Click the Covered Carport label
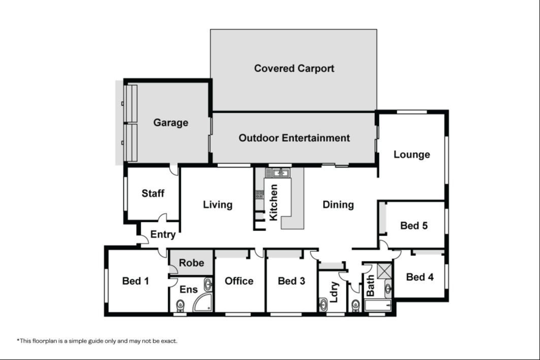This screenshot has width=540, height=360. point(294,68)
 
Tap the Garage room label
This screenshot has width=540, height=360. point(171,122)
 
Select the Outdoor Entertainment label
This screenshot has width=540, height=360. point(294,138)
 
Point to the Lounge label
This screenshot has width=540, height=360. point(411,154)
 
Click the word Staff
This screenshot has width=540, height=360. point(153,193)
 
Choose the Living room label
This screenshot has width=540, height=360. point(217,205)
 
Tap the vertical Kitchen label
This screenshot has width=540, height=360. point(273,203)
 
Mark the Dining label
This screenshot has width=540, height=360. point(338,205)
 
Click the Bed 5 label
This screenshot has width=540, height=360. point(414,225)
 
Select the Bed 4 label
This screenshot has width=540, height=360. point(420,277)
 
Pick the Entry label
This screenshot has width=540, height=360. point(163,235)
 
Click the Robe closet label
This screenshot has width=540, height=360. point(192,263)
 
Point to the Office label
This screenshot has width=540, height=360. point(239,281)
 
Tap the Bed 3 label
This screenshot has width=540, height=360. point(292,281)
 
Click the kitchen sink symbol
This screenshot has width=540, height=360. point(281,173)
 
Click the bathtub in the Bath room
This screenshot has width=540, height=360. point(378,305)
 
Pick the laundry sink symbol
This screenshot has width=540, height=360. point(323,305)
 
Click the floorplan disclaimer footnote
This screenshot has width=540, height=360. point(97,341)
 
